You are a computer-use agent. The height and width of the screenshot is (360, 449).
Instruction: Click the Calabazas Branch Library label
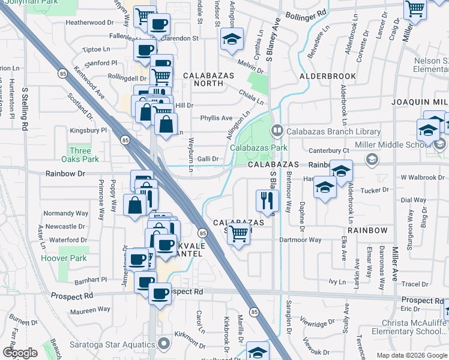(x=333, y=131)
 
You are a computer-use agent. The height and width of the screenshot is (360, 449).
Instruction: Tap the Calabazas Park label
(x=258, y=148)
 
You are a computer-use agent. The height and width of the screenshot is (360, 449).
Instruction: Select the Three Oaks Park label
(x=80, y=155)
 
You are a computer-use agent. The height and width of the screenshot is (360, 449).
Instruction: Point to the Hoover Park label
(x=64, y=259)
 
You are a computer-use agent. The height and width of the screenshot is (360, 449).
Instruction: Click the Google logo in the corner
(x=20, y=352)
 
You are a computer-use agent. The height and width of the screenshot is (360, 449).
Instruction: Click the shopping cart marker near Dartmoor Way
(x=239, y=233)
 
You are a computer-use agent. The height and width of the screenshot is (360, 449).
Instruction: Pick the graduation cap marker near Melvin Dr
(x=232, y=39)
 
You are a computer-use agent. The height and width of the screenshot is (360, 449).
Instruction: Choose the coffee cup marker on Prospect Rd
(x=160, y=294)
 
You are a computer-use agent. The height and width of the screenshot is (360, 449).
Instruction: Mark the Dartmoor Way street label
(x=300, y=240)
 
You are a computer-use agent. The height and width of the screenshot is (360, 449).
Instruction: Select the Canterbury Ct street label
(x=329, y=150)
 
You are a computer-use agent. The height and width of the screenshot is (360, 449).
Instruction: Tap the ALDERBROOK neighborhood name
(x=329, y=77)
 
